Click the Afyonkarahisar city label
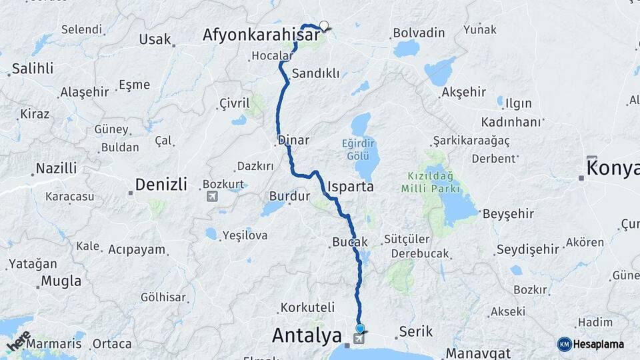click(x=261, y=35)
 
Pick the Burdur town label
click(x=290, y=196)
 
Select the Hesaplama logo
click(x=590, y=344)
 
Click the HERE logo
click(x=19, y=341)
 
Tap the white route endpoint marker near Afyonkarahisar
click(x=324, y=26)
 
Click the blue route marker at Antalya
click(x=361, y=328)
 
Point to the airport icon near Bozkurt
click(x=212, y=196)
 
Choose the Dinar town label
click(x=294, y=141)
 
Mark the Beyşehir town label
click(x=509, y=214)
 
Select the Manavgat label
click(x=478, y=353)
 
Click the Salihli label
click(x=32, y=69)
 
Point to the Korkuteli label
click(x=307, y=307)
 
